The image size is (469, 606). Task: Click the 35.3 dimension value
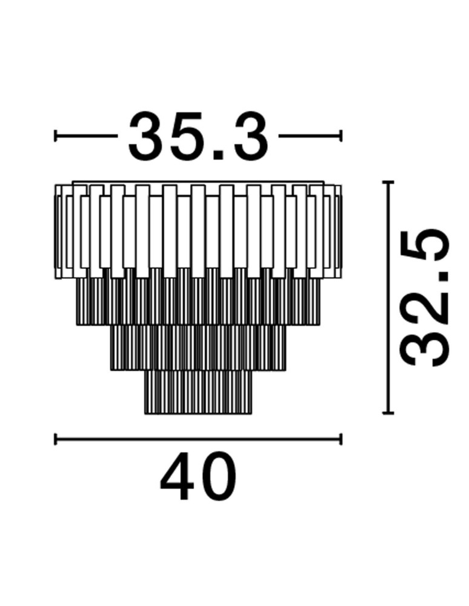click(x=198, y=136)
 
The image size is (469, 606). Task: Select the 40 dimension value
click(x=198, y=476)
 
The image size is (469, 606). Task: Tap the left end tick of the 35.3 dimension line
click(x=56, y=136)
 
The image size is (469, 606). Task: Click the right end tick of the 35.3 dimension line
click(x=341, y=136)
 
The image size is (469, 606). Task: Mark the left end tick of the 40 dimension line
click(x=56, y=439)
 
